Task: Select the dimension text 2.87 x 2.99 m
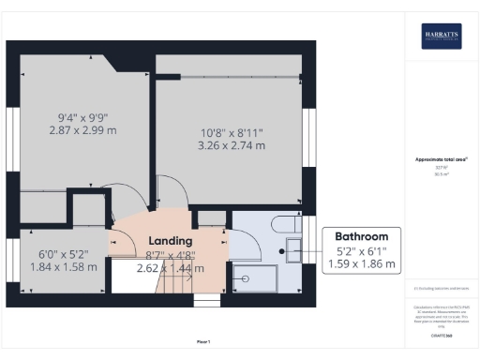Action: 82,132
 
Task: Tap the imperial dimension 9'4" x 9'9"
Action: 82,118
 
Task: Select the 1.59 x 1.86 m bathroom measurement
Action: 362,265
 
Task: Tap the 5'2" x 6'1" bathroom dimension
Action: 362,251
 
